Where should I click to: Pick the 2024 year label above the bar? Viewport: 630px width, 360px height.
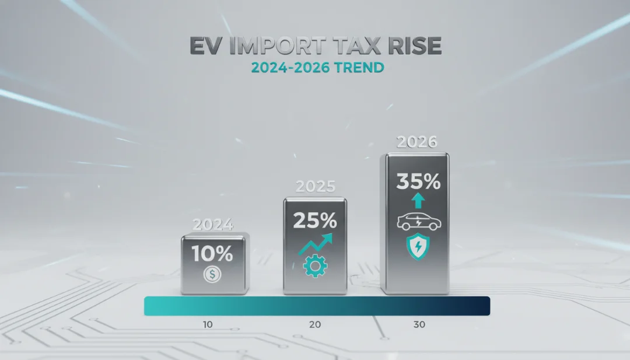pyautogui.click(x=213, y=225)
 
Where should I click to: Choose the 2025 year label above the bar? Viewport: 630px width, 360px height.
pyautogui.click(x=315, y=187)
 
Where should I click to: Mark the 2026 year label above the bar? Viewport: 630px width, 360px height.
pyautogui.click(x=415, y=142)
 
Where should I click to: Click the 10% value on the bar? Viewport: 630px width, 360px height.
pyautogui.click(x=213, y=253)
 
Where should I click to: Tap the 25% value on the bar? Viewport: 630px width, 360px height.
pyautogui.click(x=315, y=221)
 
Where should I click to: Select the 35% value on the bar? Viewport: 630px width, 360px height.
pyautogui.click(x=418, y=182)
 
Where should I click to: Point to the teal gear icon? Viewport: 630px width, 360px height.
pyautogui.click(x=316, y=266)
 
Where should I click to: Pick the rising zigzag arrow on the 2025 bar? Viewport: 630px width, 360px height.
pyautogui.click(x=316, y=244)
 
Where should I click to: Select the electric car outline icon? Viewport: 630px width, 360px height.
pyautogui.click(x=418, y=222)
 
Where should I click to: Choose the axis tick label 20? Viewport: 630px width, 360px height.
pyautogui.click(x=315, y=324)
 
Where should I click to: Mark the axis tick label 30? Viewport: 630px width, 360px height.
pyautogui.click(x=419, y=324)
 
